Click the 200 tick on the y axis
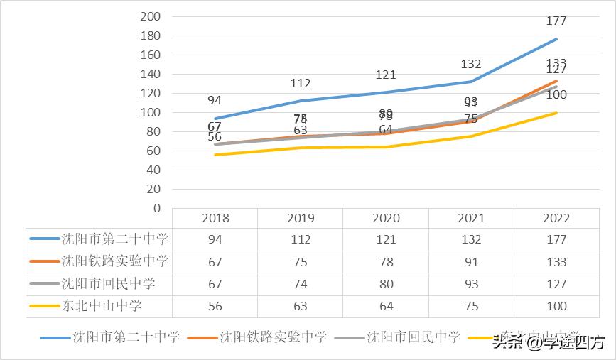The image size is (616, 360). tap(151, 16)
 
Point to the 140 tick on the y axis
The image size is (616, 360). tap(151, 74)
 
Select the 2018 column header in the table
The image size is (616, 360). tap(215, 218)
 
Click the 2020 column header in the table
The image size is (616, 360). tap(386, 218)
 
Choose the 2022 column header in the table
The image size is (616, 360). tap(556, 218)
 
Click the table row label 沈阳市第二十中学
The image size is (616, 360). tap(114, 239)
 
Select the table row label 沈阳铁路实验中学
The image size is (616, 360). tap(114, 261)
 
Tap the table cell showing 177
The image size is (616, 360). tap(556, 240)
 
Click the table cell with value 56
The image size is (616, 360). tap(215, 306)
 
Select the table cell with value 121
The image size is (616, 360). tap(386, 240)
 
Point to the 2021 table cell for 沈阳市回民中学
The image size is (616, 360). tap(471, 284)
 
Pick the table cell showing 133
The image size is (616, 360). tap(556, 262)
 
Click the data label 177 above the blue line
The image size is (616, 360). tap(556, 21)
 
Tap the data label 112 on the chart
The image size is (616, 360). tap(301, 84)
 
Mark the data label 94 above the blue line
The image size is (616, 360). tap(215, 100)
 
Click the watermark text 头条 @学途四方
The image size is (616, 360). tap(548, 342)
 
